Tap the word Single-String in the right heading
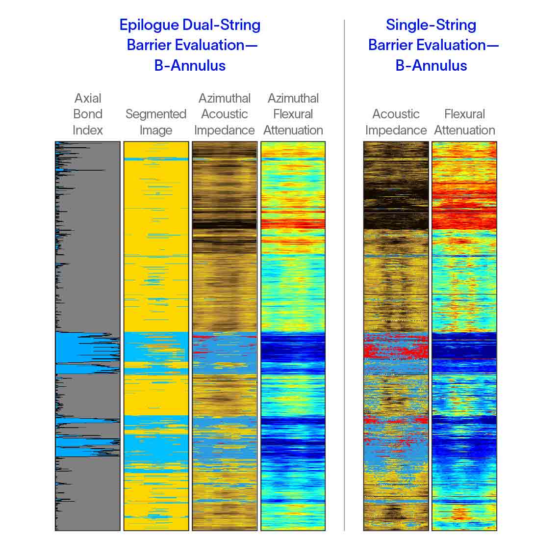click(x=431, y=25)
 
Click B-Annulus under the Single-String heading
click(x=431, y=66)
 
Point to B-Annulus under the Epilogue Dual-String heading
click(x=190, y=66)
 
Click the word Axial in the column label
click(x=88, y=98)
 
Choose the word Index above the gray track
click(x=88, y=130)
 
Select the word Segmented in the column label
click(x=156, y=114)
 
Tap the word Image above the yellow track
click(x=156, y=130)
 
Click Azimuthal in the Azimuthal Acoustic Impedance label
click(x=225, y=98)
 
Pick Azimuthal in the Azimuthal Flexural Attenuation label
click(x=293, y=98)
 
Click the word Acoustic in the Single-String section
click(x=396, y=114)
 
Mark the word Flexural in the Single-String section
click(x=464, y=114)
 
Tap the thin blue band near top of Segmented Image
click(x=156, y=159)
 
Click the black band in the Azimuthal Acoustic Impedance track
click(x=225, y=225)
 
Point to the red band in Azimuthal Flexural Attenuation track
click(x=293, y=224)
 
